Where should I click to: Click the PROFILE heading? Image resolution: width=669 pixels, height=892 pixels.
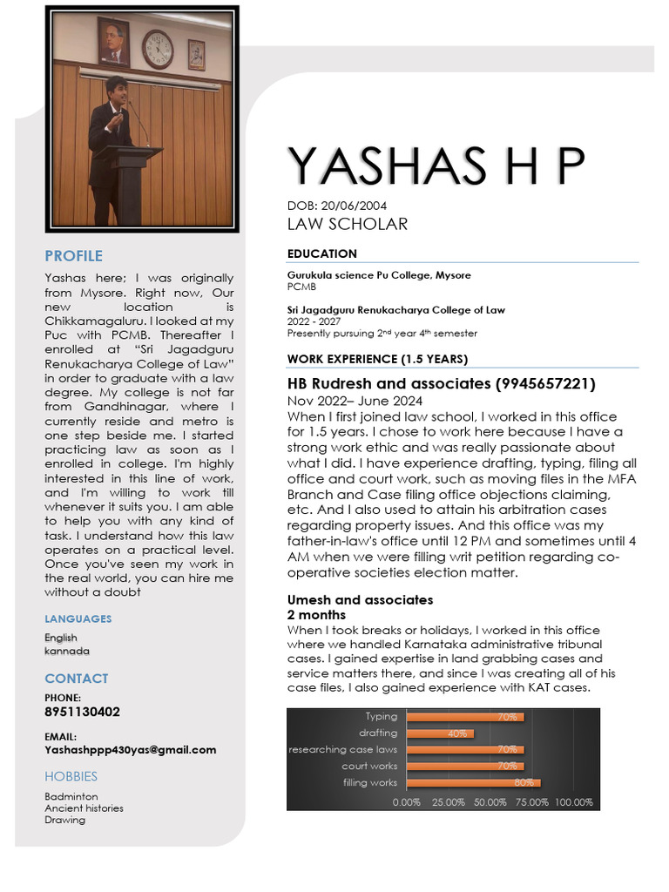[73, 255]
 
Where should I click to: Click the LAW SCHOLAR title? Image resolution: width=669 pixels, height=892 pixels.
[347, 224]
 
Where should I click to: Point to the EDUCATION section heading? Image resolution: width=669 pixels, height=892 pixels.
[321, 253]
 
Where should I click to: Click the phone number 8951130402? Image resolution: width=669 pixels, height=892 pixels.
[82, 712]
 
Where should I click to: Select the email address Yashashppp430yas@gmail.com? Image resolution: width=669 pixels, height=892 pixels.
[130, 749]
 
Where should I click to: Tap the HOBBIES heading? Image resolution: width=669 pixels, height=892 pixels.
[71, 776]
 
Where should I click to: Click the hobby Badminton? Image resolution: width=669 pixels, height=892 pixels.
[71, 796]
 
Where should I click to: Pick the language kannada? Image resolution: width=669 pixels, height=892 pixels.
[66, 651]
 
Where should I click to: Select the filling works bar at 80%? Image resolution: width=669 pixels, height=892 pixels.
[474, 782]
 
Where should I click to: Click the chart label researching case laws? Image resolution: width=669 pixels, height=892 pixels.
[342, 749]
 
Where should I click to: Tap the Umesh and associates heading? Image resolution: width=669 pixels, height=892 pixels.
[360, 600]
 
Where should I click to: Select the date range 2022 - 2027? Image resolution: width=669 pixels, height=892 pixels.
[311, 321]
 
